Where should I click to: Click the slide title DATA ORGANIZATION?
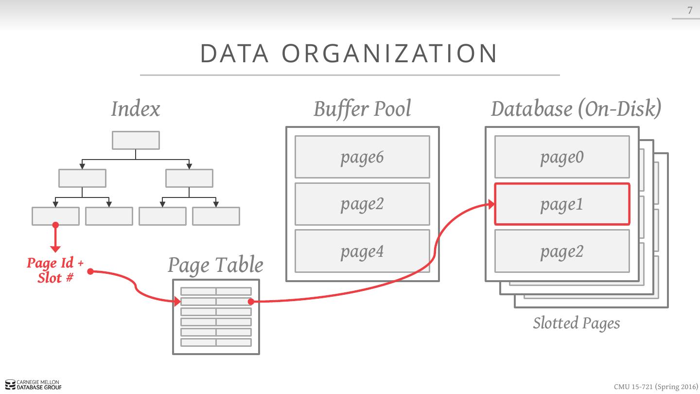point(349,54)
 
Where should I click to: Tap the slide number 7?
point(689,10)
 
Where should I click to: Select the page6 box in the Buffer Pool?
point(362,157)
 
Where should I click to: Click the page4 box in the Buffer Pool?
point(362,251)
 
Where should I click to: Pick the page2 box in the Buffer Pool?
point(362,204)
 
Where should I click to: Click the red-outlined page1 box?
point(562,204)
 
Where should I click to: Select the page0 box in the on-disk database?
point(562,157)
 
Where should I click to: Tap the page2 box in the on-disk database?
point(562,251)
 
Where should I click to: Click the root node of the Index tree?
point(136,140)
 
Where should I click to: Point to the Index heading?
point(136,108)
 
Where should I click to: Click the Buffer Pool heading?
point(362,108)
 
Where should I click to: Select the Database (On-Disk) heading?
point(576,108)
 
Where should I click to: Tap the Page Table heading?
point(215,265)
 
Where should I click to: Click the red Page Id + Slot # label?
point(55,270)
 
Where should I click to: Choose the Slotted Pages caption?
point(577,323)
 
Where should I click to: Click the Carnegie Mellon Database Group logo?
point(34,385)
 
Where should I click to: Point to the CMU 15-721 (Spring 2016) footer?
point(655,387)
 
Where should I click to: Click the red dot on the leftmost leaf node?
point(55,225)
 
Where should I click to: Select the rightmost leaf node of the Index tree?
point(216,216)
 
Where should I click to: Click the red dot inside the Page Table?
point(251,302)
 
